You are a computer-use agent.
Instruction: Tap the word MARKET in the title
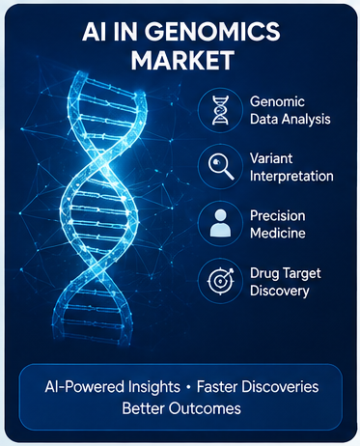(182, 60)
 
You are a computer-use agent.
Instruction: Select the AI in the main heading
(94, 32)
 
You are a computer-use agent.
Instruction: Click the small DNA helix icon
(220, 110)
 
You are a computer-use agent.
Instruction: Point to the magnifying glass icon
(221, 166)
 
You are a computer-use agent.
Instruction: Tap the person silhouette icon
(220, 223)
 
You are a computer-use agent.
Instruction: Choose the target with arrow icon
(220, 280)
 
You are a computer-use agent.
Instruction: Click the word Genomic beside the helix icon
(277, 102)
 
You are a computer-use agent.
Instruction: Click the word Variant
(271, 158)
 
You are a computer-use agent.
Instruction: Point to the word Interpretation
(291, 177)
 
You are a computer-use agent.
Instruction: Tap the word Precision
(278, 215)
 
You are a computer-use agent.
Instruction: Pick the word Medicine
(278, 233)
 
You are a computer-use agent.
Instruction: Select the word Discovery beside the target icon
(280, 291)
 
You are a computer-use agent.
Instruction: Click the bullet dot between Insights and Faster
(188, 387)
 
